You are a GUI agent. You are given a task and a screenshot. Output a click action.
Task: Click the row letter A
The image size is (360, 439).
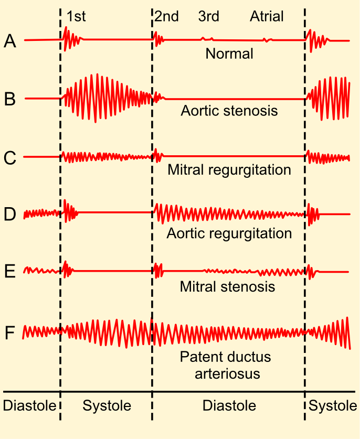point(10,41)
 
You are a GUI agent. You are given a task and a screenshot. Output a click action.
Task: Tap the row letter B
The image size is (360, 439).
point(10,99)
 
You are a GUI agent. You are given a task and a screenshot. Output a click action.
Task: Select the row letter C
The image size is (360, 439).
point(10,157)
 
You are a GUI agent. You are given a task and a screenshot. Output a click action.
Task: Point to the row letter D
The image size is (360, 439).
point(10,215)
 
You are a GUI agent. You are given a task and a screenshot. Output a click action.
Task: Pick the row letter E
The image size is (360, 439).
point(10,272)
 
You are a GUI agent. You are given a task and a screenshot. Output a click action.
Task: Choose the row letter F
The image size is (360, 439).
point(10,333)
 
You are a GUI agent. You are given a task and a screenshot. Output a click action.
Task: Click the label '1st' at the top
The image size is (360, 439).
point(76,17)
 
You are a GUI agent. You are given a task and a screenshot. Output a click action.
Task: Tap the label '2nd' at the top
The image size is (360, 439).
point(166,17)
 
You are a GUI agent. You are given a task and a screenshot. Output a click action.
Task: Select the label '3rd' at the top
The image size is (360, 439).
point(208,17)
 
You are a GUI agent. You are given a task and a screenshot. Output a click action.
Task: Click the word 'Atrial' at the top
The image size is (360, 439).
point(267,17)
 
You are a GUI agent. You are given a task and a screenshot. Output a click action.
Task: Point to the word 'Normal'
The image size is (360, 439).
point(229,53)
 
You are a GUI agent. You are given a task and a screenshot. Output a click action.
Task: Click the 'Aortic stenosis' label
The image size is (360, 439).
point(229,111)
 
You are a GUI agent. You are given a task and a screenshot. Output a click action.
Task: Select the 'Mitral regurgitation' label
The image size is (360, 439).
point(229,170)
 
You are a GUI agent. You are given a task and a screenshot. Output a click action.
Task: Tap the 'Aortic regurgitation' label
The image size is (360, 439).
point(229,233)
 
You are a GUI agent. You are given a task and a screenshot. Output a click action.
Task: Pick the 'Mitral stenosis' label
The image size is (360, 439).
point(227,287)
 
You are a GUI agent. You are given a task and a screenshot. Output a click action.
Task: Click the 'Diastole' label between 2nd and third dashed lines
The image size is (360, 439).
point(229,406)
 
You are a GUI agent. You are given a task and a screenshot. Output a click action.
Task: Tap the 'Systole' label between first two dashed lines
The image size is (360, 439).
point(107,406)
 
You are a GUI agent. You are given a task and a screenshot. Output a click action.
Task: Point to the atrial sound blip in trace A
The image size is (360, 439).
point(267,40)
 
